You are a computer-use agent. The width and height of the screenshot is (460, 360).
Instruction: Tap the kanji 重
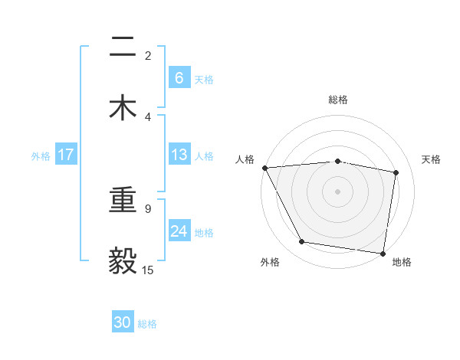tap(123, 201)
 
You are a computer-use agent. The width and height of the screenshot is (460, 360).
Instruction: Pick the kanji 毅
tap(123, 261)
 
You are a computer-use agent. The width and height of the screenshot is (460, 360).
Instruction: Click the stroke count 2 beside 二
tap(148, 56)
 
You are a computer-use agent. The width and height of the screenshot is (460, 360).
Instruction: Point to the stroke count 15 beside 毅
tap(148, 270)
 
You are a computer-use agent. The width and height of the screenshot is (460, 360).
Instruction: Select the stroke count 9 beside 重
tap(148, 208)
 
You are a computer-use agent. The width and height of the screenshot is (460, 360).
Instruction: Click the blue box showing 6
tap(179, 77)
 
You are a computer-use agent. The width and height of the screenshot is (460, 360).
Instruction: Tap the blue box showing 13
tap(179, 155)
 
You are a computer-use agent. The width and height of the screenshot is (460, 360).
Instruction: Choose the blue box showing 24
tap(179, 231)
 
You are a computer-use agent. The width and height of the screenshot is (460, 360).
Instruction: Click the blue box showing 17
tap(66, 155)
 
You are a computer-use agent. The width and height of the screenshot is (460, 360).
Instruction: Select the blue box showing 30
tap(123, 323)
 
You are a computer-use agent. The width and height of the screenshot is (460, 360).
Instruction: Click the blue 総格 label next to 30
tap(147, 324)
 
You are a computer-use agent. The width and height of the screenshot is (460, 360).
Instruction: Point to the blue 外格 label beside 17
tap(41, 155)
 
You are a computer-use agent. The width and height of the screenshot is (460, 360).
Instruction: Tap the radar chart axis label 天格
tap(432, 159)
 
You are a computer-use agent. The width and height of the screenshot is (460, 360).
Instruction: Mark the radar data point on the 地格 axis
tap(383, 253)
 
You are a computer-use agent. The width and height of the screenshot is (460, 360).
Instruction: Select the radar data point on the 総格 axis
tap(337, 161)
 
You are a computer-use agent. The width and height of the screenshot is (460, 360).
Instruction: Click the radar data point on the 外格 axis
tap(302, 242)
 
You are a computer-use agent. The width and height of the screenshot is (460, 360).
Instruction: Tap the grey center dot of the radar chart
tap(337, 191)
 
